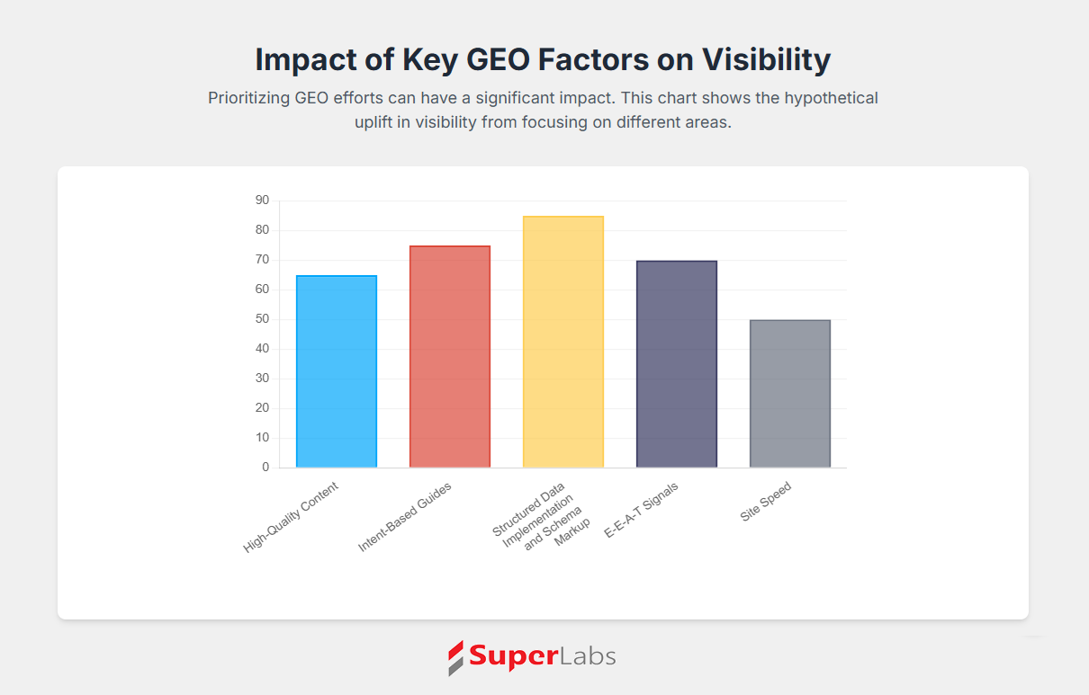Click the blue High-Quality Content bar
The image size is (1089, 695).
(x=337, y=371)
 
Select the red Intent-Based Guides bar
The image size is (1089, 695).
(x=450, y=356)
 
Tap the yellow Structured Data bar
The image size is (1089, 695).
(x=563, y=342)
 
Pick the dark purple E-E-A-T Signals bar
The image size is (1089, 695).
(x=677, y=364)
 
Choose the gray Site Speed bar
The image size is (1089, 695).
(x=790, y=394)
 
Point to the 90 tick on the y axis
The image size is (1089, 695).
(x=262, y=200)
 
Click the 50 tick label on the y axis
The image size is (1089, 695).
(x=262, y=318)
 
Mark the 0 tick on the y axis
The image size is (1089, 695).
(x=265, y=467)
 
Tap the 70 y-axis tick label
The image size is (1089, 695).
(x=262, y=259)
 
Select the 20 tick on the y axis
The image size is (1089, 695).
(x=262, y=407)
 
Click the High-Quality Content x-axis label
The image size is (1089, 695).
(x=291, y=517)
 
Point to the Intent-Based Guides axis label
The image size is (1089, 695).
(x=405, y=517)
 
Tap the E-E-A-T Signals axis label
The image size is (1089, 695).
(x=641, y=511)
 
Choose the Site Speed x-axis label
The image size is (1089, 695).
(x=766, y=501)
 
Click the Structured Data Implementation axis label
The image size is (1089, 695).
(x=541, y=516)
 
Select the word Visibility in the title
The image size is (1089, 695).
(x=766, y=59)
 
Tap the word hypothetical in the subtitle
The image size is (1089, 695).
(x=832, y=98)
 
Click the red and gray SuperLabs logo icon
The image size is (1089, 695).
(x=455, y=658)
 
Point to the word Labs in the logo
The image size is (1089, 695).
(x=588, y=656)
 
